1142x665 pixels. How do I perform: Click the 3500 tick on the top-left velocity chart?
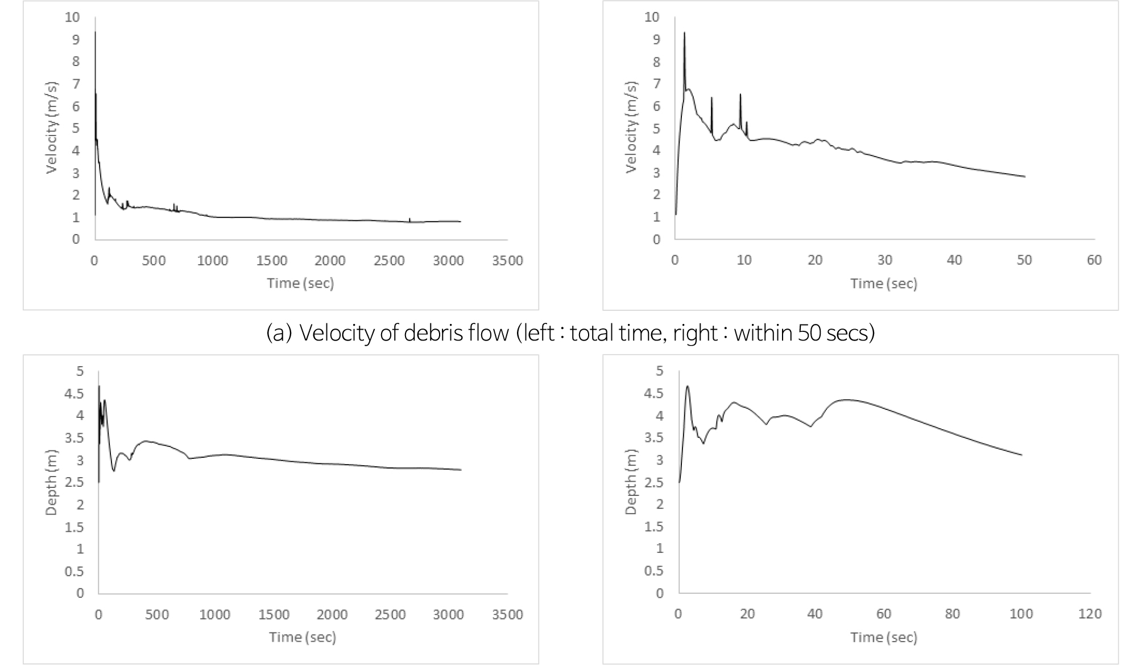point(507,261)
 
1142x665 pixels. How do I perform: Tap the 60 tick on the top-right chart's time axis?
point(1094,260)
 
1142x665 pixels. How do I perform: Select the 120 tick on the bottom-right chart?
point(1089,614)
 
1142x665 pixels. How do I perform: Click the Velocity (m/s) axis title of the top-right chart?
point(631,127)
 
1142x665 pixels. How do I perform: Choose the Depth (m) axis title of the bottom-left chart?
point(51,481)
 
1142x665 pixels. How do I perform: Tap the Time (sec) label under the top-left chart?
point(300,283)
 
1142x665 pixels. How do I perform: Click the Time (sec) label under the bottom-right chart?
point(884,637)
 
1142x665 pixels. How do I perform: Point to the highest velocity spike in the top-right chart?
point(684,33)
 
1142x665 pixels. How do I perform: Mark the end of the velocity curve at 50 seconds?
point(1024,176)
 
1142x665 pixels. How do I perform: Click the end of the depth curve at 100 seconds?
point(1021,455)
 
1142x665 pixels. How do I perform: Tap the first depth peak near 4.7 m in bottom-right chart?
point(688,387)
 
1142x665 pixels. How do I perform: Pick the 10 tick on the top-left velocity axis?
point(73,17)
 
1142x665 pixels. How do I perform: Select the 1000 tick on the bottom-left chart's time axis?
point(216,614)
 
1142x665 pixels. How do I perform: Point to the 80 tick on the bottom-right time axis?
point(952,614)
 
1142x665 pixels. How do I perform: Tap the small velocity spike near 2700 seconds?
point(409,219)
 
